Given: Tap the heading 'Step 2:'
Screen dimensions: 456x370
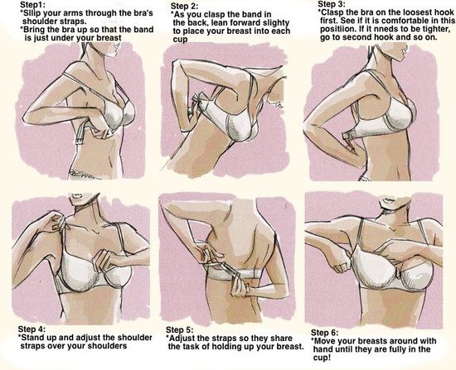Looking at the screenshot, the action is point(184,6).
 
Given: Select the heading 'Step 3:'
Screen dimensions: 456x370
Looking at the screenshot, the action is point(332,4).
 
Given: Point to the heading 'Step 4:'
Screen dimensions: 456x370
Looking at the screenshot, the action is point(32,329).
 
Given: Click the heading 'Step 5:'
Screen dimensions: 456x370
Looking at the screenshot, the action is point(179,330).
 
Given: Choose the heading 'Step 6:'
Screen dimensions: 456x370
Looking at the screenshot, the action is point(324,333).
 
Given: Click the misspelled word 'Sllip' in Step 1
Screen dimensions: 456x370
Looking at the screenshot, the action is point(32,13).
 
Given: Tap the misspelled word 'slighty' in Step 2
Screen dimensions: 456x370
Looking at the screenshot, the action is point(274,22).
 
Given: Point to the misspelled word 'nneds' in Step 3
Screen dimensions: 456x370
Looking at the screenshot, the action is point(385,29).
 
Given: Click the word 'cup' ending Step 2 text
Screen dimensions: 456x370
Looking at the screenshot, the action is point(180,40).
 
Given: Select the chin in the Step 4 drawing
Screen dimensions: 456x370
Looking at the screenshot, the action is point(80,204).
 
